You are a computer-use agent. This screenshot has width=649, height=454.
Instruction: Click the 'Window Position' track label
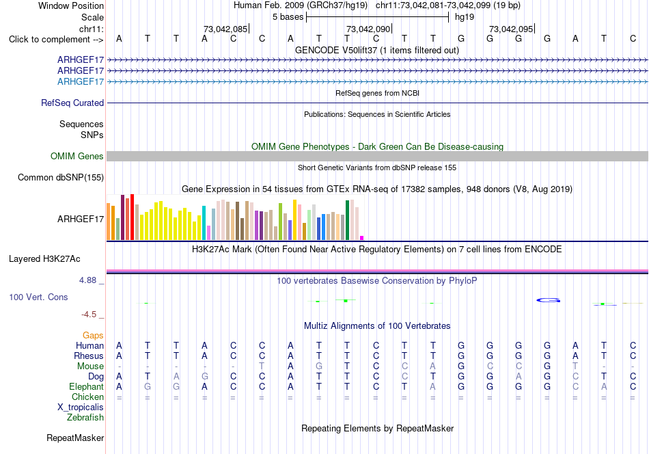[71, 5]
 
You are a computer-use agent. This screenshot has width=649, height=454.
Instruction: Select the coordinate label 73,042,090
[368, 29]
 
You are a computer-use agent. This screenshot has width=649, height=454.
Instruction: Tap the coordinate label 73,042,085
[225, 29]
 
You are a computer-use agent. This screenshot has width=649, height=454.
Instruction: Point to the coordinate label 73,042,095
[511, 29]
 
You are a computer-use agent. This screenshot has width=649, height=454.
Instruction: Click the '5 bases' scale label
[288, 17]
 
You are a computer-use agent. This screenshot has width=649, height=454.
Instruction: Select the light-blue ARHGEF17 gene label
[81, 81]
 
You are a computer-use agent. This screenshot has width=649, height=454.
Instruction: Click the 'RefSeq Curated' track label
[72, 103]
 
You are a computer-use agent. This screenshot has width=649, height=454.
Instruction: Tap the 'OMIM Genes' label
[77, 156]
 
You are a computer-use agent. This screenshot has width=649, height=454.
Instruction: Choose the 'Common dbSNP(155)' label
[61, 177]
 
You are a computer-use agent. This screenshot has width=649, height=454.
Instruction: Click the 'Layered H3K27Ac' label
[44, 259]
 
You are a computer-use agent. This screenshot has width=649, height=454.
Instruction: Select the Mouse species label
[90, 366]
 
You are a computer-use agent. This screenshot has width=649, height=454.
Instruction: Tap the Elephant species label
[87, 386]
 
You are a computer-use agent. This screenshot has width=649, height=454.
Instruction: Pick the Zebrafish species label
[85, 417]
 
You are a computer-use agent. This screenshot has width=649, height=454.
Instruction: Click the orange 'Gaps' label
[93, 335]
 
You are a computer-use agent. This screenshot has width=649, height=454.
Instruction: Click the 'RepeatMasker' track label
[75, 438]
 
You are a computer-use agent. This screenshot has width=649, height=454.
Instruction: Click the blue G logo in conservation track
[549, 300]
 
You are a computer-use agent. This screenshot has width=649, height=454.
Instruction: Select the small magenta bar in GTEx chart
[362, 238]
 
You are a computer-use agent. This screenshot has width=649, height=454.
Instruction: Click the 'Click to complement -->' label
[56, 40]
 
